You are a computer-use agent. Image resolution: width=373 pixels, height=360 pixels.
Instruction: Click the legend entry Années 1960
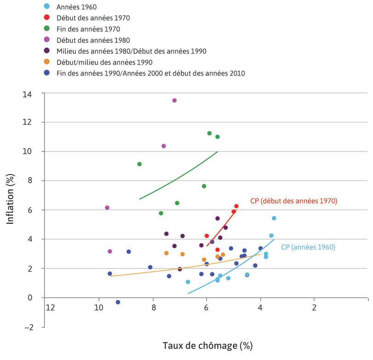point(76,7)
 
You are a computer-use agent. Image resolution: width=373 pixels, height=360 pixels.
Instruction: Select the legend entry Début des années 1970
point(93,18)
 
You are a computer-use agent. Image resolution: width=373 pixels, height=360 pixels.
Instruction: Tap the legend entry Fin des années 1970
point(87,29)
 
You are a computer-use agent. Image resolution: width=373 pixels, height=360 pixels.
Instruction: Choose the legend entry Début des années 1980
point(93,40)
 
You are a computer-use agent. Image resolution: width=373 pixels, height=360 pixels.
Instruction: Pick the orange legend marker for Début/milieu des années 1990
point(46,62)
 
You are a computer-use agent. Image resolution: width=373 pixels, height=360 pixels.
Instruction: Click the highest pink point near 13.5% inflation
point(174,100)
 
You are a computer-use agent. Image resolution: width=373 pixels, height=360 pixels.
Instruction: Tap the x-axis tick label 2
point(314,308)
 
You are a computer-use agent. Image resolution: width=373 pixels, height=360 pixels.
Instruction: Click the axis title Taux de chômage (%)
point(207,345)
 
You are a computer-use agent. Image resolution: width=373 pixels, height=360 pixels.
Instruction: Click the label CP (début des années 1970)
point(294,201)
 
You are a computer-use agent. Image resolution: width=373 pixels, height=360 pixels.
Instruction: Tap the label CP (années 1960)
point(308,247)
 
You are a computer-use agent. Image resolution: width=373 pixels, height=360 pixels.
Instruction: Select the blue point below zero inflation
point(118,302)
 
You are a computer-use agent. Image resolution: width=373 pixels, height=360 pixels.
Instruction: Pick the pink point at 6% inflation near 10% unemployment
point(107,208)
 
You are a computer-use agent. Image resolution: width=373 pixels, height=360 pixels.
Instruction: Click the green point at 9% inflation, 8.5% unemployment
point(140,164)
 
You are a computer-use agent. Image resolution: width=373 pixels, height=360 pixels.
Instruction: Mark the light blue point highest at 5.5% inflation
point(274,218)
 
